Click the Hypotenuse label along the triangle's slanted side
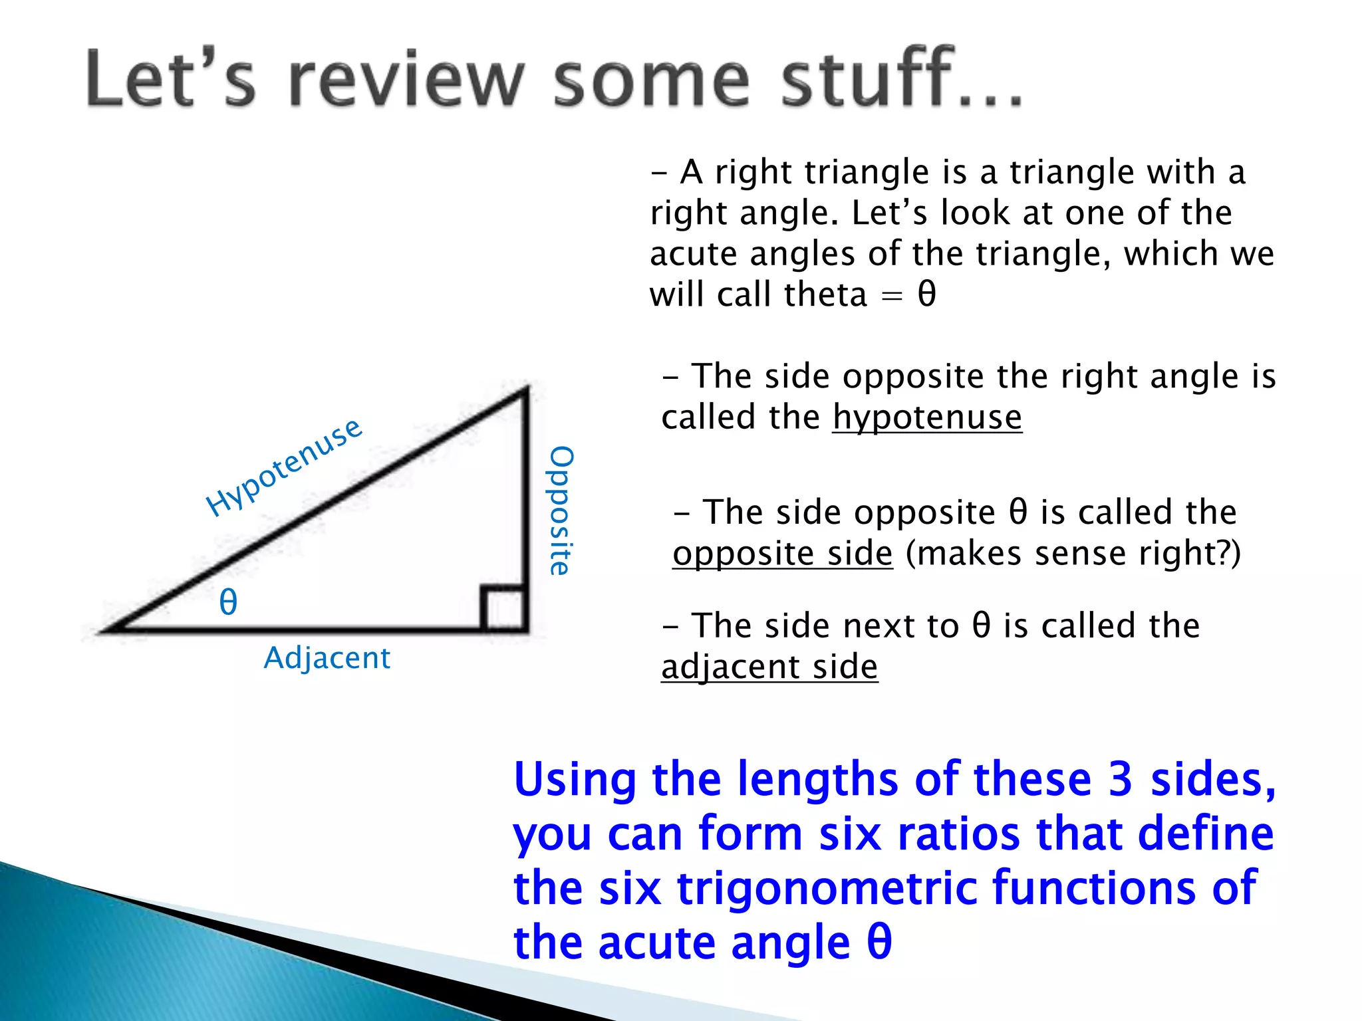284,467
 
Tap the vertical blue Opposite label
560,510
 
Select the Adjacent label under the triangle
327,658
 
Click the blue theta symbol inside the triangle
228,602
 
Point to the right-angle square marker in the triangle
503,607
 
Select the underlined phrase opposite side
782,554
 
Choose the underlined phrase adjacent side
769,667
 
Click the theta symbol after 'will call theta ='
926,294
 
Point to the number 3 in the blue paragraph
1120,779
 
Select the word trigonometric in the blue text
827,888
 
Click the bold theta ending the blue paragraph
879,942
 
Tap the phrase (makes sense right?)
1073,554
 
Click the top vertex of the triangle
527,390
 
